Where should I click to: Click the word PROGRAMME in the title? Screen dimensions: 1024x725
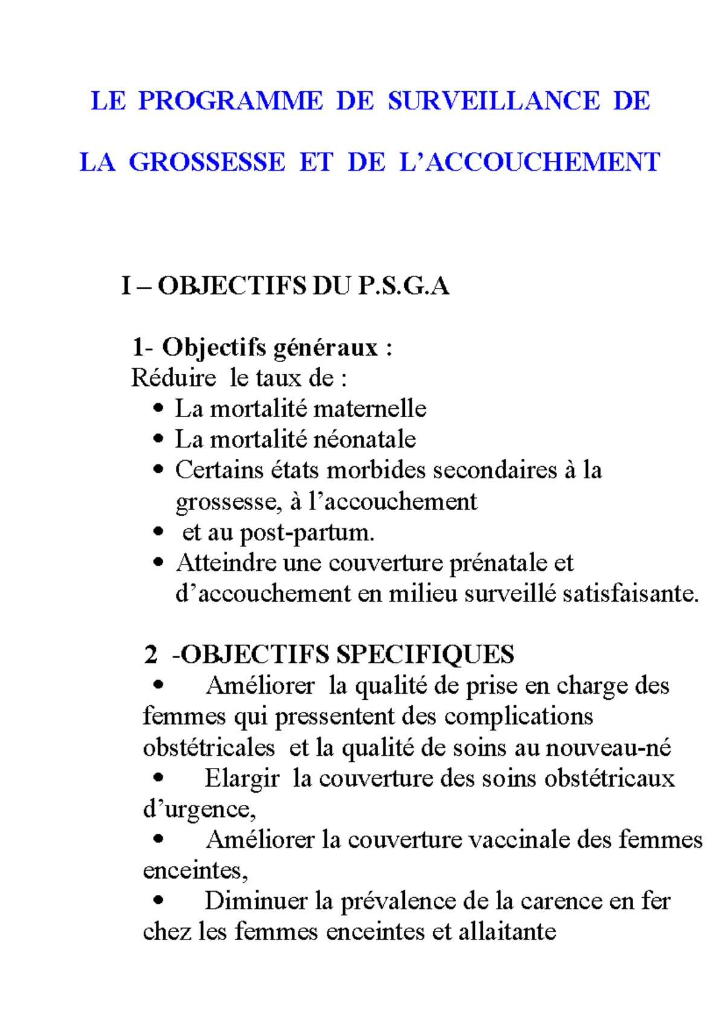pos(231,100)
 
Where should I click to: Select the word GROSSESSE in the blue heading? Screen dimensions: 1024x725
pos(207,162)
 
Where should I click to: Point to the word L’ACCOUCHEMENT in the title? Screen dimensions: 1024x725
pos(529,162)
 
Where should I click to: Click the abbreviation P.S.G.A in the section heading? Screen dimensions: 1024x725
pos(403,286)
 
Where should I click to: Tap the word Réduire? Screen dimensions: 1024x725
pos(173,379)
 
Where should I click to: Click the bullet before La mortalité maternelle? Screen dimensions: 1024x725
pos(158,409)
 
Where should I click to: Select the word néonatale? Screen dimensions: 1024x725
pos(364,440)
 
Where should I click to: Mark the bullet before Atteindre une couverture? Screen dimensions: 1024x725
pos(158,563)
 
